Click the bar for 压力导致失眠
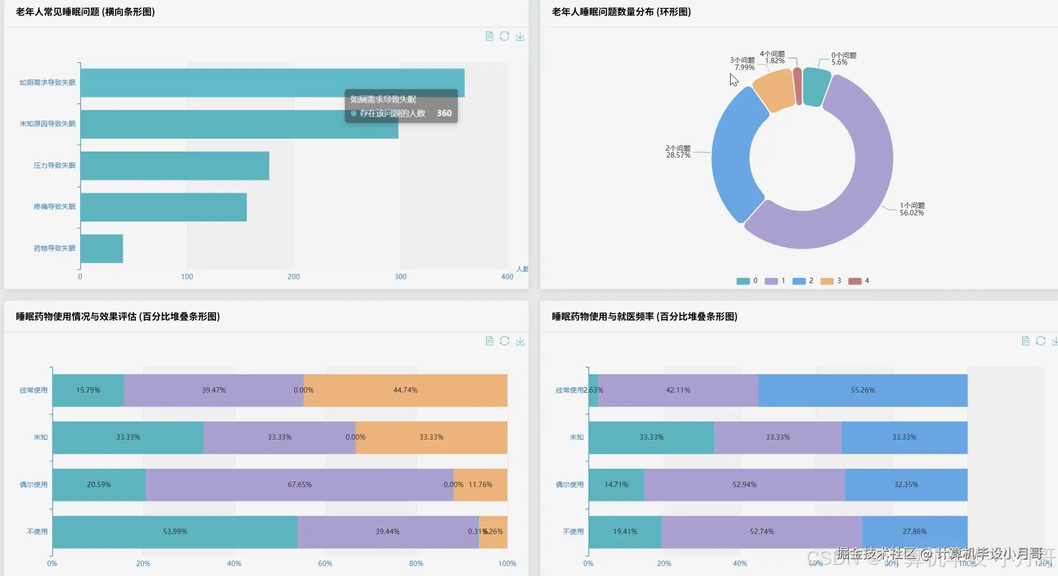(175, 166)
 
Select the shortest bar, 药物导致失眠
(102, 249)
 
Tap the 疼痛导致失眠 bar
(163, 207)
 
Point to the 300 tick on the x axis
(400, 276)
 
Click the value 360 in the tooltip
(444, 113)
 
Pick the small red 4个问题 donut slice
(798, 86)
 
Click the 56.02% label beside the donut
(911, 213)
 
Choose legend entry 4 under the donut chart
(859, 281)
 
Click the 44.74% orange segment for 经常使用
(405, 390)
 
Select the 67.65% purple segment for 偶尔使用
(299, 484)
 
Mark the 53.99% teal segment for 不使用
(175, 532)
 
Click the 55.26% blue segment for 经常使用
(862, 390)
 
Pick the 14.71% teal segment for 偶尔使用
(616, 484)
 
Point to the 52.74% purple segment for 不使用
(761, 532)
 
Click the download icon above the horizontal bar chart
(520, 36)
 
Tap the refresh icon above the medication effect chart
(504, 341)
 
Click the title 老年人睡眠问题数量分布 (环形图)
(621, 12)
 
